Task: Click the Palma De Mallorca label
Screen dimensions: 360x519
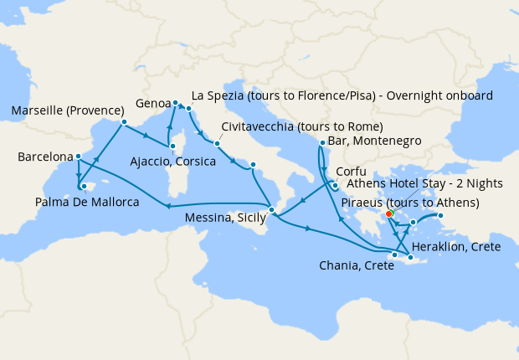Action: [87, 202]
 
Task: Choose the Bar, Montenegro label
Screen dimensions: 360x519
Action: [375, 141]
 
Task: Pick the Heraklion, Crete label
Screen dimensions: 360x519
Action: [457, 249]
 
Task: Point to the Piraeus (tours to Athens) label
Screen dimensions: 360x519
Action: [422, 203]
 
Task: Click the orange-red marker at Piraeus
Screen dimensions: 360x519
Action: [389, 213]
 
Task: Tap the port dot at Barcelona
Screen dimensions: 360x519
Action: [78, 157]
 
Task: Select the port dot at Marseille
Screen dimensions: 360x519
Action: [123, 122]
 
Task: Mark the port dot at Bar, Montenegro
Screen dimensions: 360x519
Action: [322, 143]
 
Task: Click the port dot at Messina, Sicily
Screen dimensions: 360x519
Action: [271, 208]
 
